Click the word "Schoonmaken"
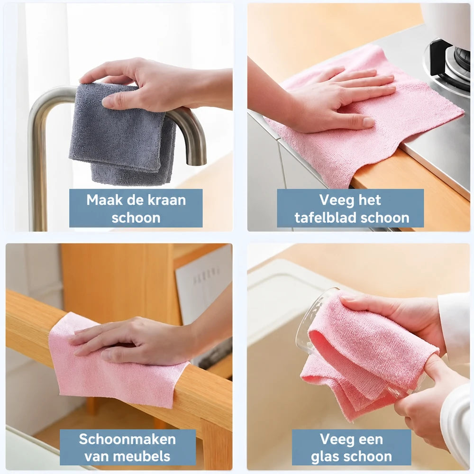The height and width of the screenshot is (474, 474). click(x=127, y=439)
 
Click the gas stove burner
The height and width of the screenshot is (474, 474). click(x=450, y=64)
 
